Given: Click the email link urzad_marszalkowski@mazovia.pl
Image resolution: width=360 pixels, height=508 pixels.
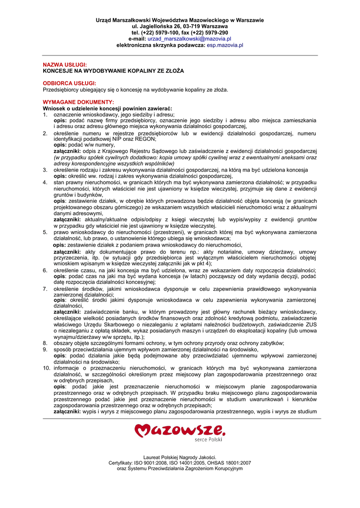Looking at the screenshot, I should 189,39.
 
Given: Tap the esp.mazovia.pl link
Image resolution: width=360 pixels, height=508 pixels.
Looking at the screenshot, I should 225,45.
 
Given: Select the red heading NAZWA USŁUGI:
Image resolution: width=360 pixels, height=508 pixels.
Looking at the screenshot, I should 65,65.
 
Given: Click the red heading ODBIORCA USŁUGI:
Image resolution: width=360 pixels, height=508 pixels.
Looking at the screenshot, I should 70,83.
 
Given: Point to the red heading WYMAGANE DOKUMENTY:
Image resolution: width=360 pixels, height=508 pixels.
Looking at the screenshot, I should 78,102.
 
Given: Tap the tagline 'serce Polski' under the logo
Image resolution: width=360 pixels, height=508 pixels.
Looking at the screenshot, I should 208,439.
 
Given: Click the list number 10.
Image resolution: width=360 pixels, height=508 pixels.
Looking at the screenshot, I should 46,368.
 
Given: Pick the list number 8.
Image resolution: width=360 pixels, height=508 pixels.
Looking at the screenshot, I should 45,343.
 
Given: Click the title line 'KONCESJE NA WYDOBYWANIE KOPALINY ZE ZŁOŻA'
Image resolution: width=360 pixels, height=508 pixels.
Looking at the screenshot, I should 113,71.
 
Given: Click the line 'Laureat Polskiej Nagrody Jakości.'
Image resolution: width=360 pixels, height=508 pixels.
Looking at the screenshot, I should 180,457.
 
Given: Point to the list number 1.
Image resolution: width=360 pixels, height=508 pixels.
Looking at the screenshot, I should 45,114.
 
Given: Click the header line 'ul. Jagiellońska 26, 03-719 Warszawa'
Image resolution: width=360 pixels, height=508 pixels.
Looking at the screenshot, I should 180,26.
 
